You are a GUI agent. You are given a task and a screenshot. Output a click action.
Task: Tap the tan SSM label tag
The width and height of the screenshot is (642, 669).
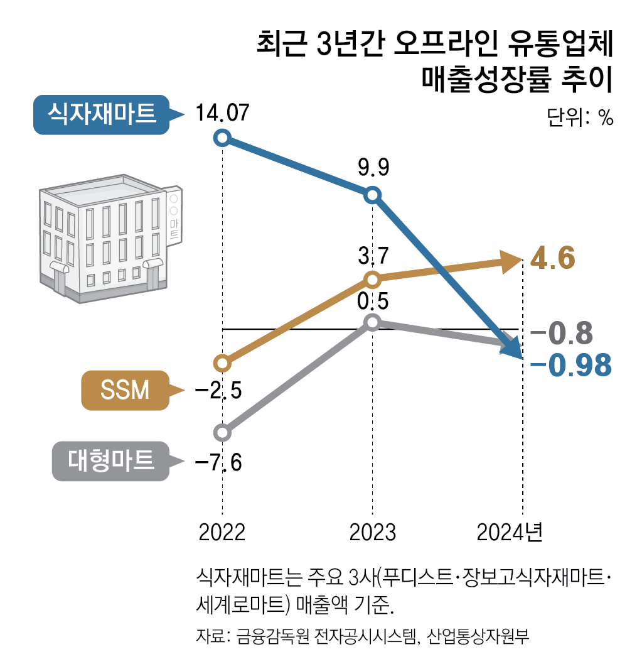[125, 391]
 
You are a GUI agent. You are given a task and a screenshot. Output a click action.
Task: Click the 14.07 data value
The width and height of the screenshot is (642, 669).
[222, 114]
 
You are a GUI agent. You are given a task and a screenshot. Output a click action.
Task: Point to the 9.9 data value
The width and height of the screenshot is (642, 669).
[373, 168]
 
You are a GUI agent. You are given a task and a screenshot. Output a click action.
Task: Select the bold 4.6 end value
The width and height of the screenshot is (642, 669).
[553, 258]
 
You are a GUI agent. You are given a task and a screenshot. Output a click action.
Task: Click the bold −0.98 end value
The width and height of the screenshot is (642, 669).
[570, 365]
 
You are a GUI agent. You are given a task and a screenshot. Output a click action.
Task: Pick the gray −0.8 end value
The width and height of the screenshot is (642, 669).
[562, 333]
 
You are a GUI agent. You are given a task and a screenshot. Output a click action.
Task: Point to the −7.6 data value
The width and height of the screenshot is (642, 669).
[218, 463]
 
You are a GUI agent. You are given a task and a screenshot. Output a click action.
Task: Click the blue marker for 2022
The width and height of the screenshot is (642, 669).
[222, 138]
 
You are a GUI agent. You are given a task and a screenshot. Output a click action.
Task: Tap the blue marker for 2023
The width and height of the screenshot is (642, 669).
[373, 195]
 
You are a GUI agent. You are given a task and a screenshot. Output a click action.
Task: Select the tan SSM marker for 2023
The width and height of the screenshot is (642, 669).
[373, 278]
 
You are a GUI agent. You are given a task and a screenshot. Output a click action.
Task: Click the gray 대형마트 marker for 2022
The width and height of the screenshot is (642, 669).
[222, 432]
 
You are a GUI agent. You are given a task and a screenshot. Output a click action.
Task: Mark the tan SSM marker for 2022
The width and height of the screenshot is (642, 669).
[222, 362]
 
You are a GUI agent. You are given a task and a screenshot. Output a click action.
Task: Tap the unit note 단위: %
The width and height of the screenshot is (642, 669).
[579, 117]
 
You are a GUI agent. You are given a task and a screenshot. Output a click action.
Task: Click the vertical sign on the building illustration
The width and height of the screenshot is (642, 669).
[174, 214]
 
